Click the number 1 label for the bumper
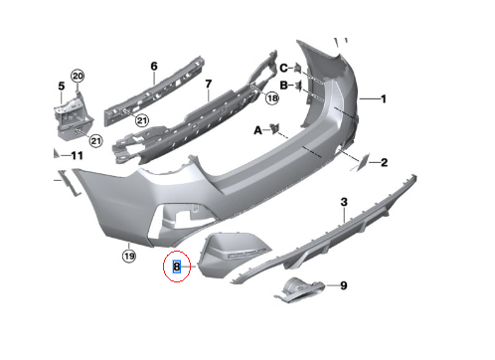(384, 98)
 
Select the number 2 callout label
(384, 162)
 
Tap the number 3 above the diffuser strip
(344, 202)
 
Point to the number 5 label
(62, 87)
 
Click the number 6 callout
(154, 67)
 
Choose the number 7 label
(208, 84)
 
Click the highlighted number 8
(177, 267)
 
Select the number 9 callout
(344, 285)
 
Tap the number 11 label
(77, 155)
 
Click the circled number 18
(272, 98)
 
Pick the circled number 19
(129, 256)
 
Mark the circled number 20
(78, 77)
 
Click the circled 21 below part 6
(142, 120)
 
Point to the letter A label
(257, 130)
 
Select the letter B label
(283, 86)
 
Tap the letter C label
(283, 68)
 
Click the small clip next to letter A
(275, 128)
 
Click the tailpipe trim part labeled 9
(300, 290)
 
